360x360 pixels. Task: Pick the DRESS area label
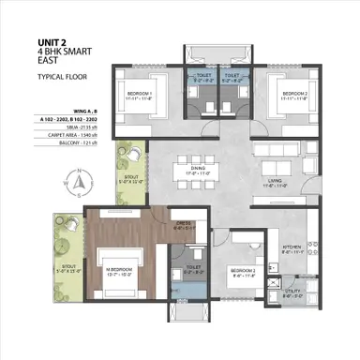[x=184, y=223]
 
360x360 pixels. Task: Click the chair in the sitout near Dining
[x=134, y=149]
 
